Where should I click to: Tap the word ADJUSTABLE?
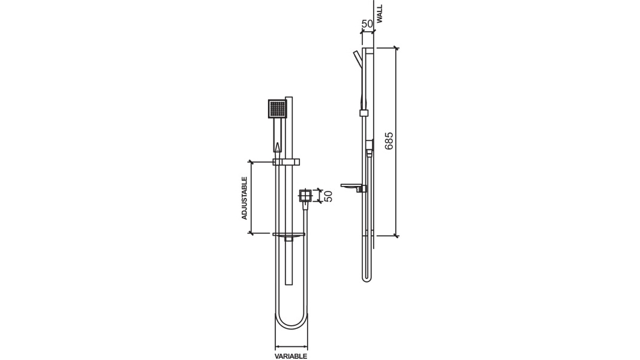[245, 197]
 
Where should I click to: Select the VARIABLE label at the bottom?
[291, 356]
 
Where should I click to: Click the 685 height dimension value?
[389, 140]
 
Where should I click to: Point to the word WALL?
[380, 14]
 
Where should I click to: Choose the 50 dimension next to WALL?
[367, 23]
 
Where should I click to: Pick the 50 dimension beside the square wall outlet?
[328, 196]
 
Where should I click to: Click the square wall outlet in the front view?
[306, 196]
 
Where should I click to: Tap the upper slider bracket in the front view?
[286, 161]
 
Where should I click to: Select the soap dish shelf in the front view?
[288, 234]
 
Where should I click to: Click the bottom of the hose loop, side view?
[367, 280]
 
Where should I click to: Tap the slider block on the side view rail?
[363, 113]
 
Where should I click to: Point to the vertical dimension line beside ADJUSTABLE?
[252, 197]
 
